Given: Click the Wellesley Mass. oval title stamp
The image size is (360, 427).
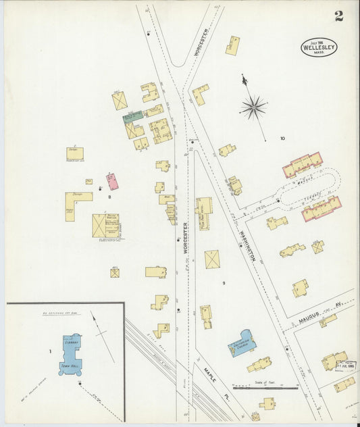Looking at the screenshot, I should tap(319, 47).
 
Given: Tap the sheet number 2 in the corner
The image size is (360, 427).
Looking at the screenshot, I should tap(338, 16).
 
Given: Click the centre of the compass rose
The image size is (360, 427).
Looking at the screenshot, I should tap(253, 106).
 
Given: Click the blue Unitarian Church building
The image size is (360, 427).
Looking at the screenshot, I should tap(240, 343).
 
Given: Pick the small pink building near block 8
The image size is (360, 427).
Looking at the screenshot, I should tap(112, 181).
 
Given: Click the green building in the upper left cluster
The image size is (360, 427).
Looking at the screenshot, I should tap(132, 116).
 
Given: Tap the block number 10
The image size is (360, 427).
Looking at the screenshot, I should tap(282, 139).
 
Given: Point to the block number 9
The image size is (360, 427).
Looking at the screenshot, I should tap(224, 282).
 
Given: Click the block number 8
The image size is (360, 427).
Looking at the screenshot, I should tap(109, 197).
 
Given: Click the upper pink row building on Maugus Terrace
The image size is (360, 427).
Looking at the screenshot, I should tap(302, 165).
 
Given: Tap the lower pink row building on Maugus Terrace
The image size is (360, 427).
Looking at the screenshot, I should tap(321, 209).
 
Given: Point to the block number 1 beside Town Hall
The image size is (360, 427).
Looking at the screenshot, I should tap(50, 351).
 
